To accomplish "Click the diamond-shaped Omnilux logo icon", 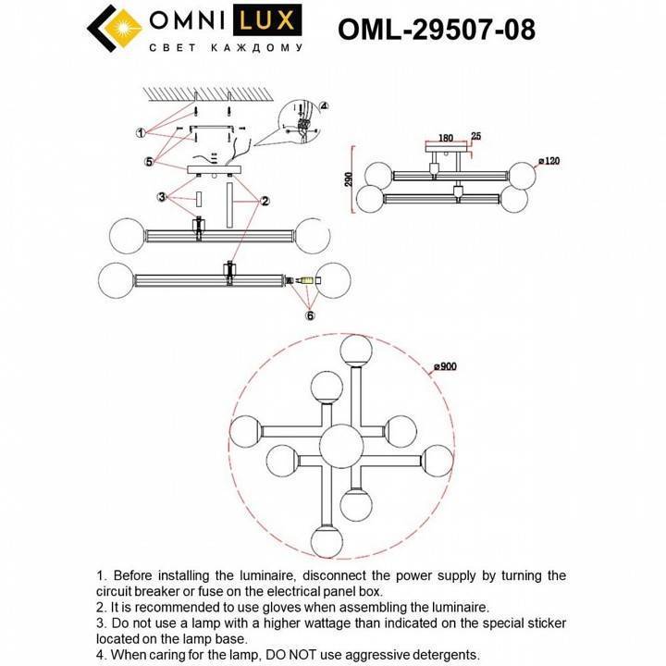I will [117, 31].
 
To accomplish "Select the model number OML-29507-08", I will [437, 30].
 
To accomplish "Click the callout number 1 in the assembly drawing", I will [140, 133].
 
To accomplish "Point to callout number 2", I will [264, 200].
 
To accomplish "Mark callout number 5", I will [149, 161].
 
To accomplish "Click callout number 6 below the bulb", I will [310, 315].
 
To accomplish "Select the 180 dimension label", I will [445, 138].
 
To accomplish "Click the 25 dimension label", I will [475, 137].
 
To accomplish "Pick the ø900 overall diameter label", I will [446, 366].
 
